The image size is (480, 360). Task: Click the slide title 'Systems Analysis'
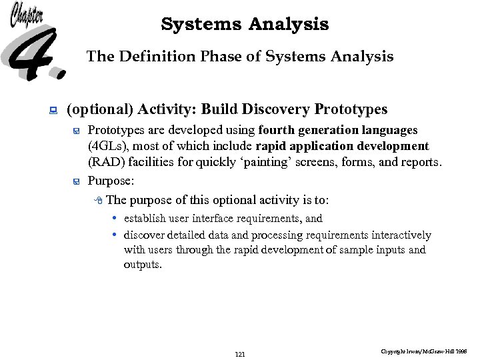[245, 25]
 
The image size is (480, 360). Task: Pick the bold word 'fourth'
[276, 130]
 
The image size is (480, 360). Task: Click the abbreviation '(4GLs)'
[107, 146]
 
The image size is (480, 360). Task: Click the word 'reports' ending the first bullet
[421, 162]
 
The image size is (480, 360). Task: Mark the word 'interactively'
[403, 235]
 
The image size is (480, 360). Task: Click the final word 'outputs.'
[142, 265]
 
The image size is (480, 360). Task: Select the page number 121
[241, 354]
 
